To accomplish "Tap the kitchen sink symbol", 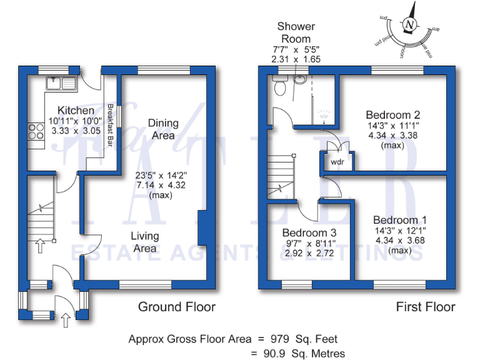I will pyautogui.click(x=61, y=81).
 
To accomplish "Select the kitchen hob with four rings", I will pyautogui.click(x=35, y=131).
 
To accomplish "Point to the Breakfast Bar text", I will pyautogui.click(x=109, y=125).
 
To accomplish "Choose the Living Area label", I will pyautogui.click(x=144, y=242).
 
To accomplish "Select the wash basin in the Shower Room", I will pyautogui.click(x=300, y=80).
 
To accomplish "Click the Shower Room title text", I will pyautogui.click(x=296, y=32).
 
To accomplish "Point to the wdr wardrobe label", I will pyautogui.click(x=337, y=161).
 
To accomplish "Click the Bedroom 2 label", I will pyautogui.click(x=392, y=115).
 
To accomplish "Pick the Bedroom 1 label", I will pyautogui.click(x=400, y=220).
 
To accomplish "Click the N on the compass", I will pyautogui.click(x=410, y=25).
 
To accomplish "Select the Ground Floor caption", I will pyautogui.click(x=177, y=307).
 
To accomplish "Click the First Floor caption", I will pyautogui.click(x=425, y=307).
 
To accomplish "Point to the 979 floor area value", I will pyautogui.click(x=280, y=339).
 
